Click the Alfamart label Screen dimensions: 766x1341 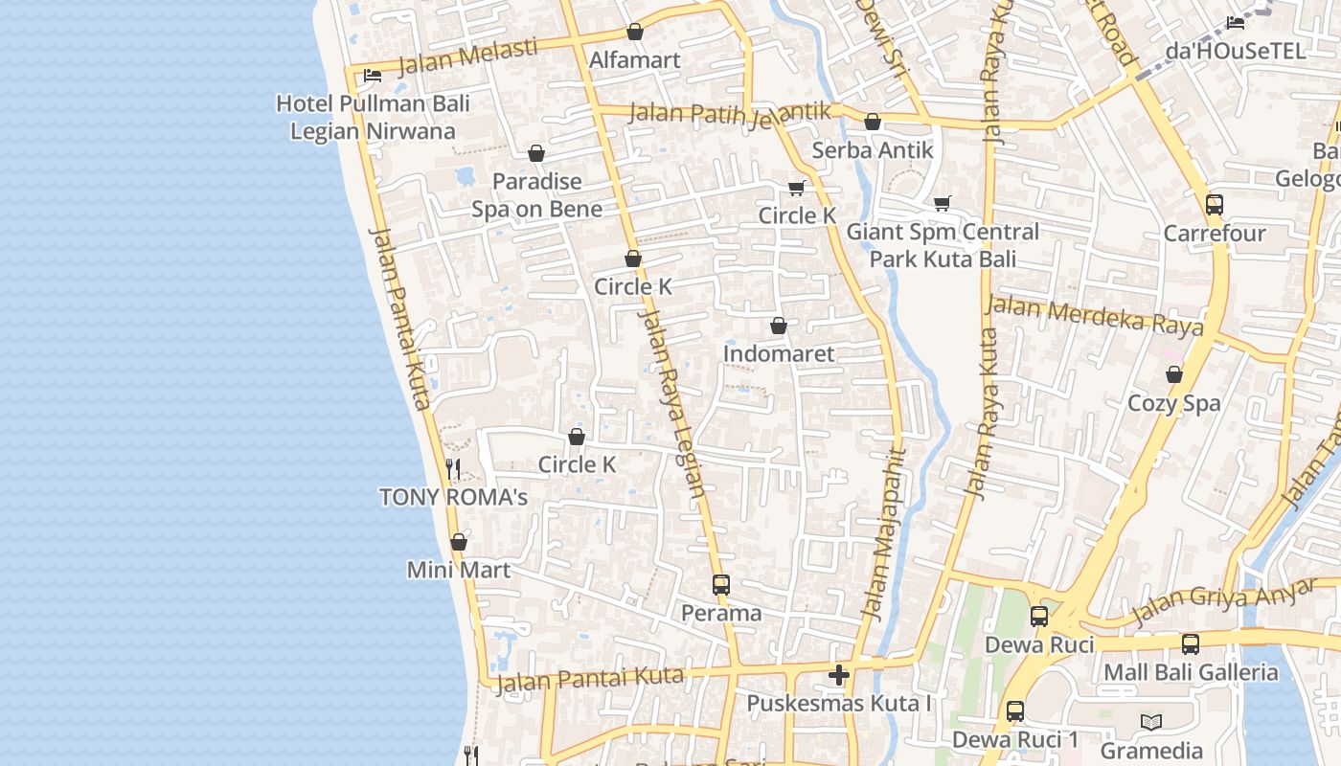pyautogui.click(x=634, y=60)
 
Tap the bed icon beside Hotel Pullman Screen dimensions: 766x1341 pyautogui.click(x=373, y=76)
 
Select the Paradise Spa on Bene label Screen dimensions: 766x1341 pyautogui.click(x=536, y=195)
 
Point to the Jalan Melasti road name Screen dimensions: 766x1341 pyautogui.click(x=466, y=56)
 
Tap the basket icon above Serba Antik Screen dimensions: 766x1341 pyautogui.click(x=873, y=123)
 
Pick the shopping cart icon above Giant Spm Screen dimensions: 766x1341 pyautogui.click(x=943, y=203)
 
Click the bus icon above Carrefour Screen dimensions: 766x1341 pyautogui.click(x=1215, y=205)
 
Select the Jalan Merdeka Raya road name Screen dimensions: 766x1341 pyautogui.click(x=1095, y=315)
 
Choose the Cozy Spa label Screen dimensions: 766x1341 pyautogui.click(x=1174, y=403)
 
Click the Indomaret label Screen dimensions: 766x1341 pyautogui.click(x=779, y=353)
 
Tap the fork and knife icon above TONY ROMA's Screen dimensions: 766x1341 pyautogui.click(x=453, y=469)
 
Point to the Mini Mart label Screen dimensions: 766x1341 pyautogui.click(x=459, y=570)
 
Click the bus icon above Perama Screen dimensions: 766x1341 pyautogui.click(x=721, y=585)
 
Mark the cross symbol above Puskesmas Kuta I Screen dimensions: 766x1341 pyautogui.click(x=839, y=675)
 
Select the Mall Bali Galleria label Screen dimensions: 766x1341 pyautogui.click(x=1191, y=672)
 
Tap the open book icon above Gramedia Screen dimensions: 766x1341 pyautogui.click(x=1151, y=722)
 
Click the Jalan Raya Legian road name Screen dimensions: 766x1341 pyautogui.click(x=672, y=402)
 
